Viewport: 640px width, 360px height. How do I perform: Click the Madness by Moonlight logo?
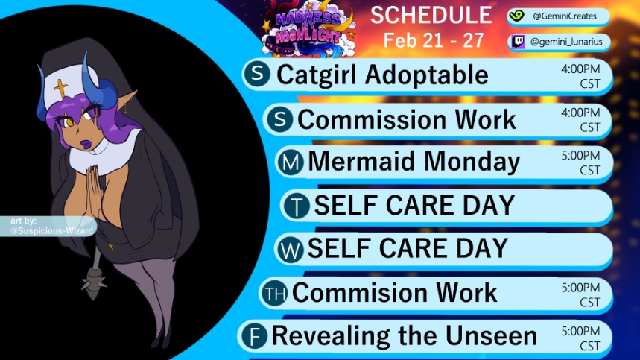309,28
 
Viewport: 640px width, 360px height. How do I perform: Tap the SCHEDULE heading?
431,15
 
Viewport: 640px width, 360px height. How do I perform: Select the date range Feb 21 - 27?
433,40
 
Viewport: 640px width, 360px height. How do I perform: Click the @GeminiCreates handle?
565,16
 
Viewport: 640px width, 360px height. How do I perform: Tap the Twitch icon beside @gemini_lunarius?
518,42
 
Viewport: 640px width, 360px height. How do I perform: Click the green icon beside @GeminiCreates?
516,16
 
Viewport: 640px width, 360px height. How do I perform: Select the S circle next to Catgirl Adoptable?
257,74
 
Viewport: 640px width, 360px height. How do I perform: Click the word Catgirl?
317,75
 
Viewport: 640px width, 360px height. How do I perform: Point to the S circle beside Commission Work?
280,119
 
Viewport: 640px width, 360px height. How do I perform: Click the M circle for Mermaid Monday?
291,162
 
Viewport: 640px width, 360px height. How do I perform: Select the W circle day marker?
291,249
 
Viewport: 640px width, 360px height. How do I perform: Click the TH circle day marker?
275,293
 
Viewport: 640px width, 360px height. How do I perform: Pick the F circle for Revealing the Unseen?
254,336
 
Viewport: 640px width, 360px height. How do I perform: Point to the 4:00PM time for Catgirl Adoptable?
580,69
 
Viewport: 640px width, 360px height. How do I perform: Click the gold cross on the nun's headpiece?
61,88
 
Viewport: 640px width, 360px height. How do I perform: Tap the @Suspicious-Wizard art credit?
52,231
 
